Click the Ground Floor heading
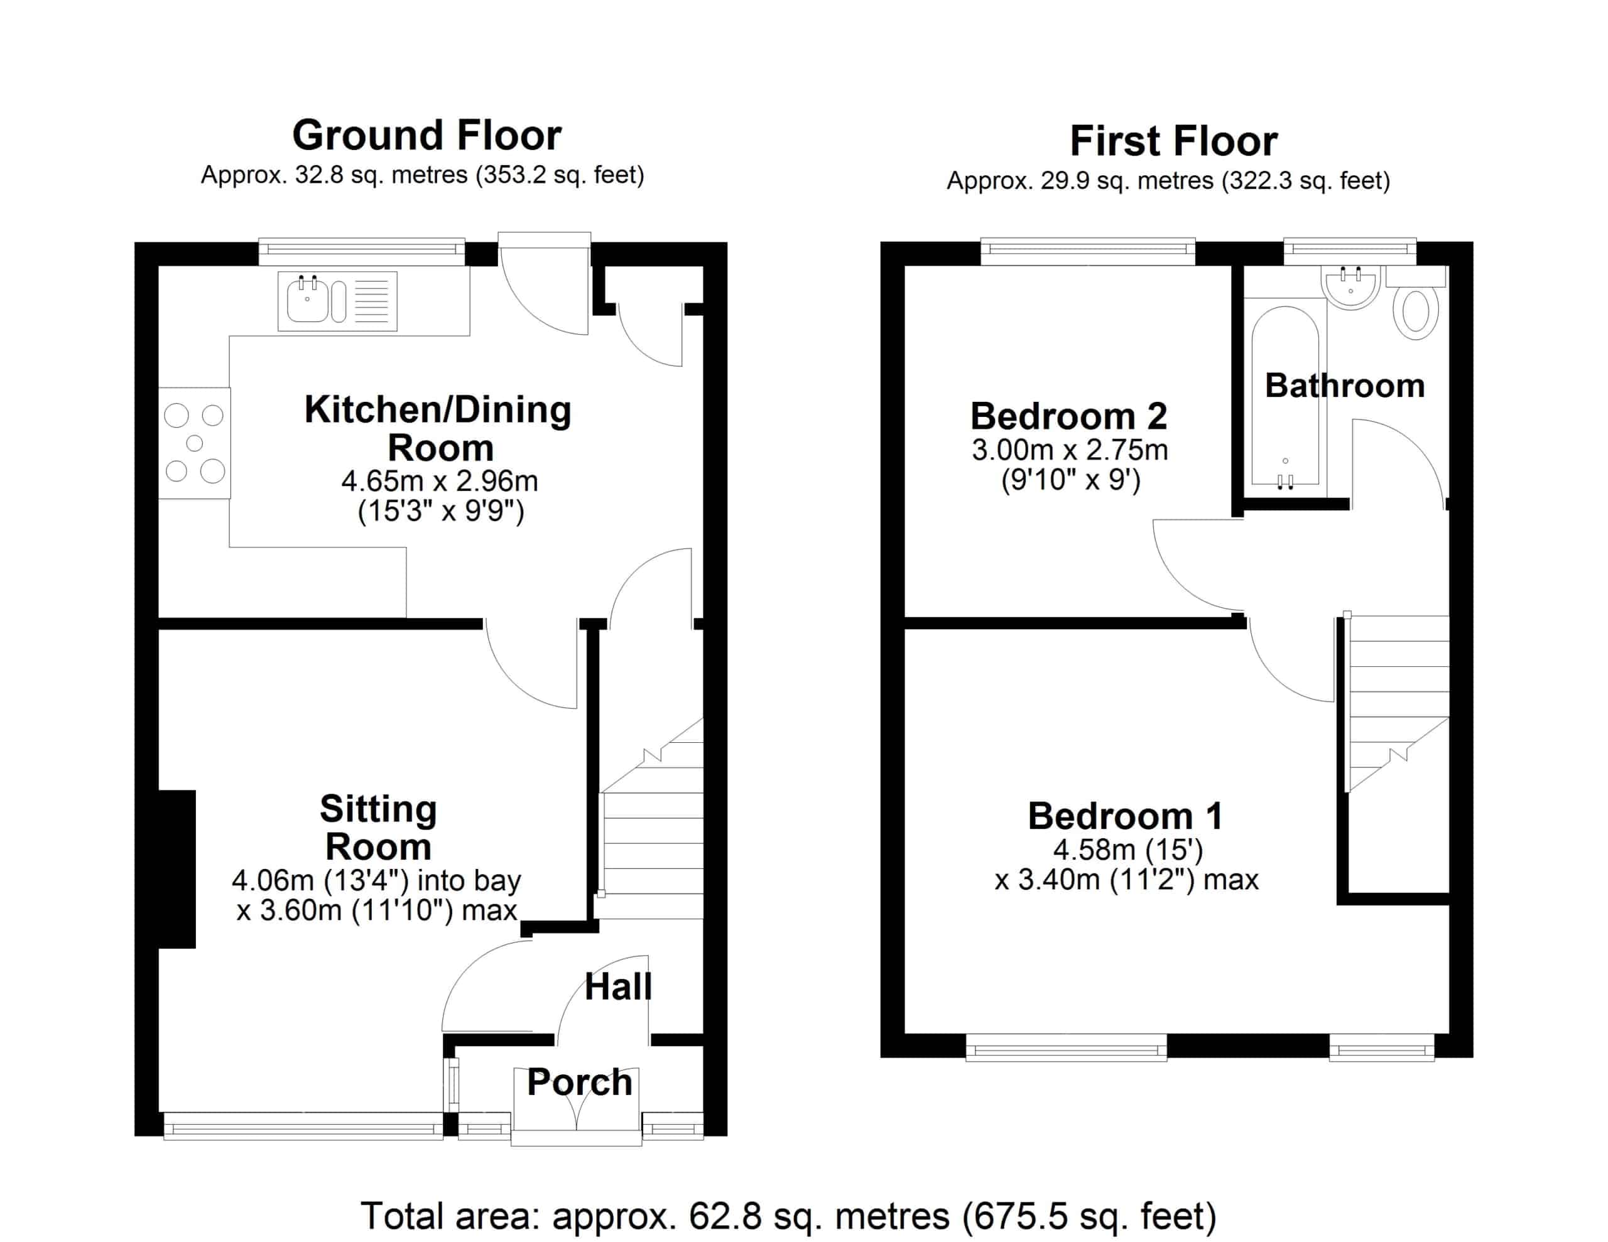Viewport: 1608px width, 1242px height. [x=427, y=136]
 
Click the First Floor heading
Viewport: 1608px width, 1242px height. [x=1173, y=141]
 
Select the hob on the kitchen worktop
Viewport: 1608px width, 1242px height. [x=194, y=443]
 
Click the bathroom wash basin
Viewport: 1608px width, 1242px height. [x=1351, y=288]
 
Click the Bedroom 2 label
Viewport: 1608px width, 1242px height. [x=1068, y=416]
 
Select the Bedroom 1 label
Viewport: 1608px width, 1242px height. [x=1125, y=816]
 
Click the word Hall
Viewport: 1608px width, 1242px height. [x=617, y=986]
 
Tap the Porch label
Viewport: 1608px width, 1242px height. [x=579, y=1083]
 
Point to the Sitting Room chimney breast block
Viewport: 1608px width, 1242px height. [x=177, y=869]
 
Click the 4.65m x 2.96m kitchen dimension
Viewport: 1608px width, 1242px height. [x=440, y=482]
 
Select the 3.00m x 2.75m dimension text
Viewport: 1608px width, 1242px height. [x=1070, y=450]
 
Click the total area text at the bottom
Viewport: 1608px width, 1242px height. [x=788, y=1216]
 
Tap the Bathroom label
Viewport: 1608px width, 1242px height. [x=1344, y=386]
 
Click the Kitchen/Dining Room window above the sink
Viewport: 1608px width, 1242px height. [x=362, y=251]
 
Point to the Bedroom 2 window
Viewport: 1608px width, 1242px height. [x=1087, y=251]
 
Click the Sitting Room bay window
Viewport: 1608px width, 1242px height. [x=303, y=1126]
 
